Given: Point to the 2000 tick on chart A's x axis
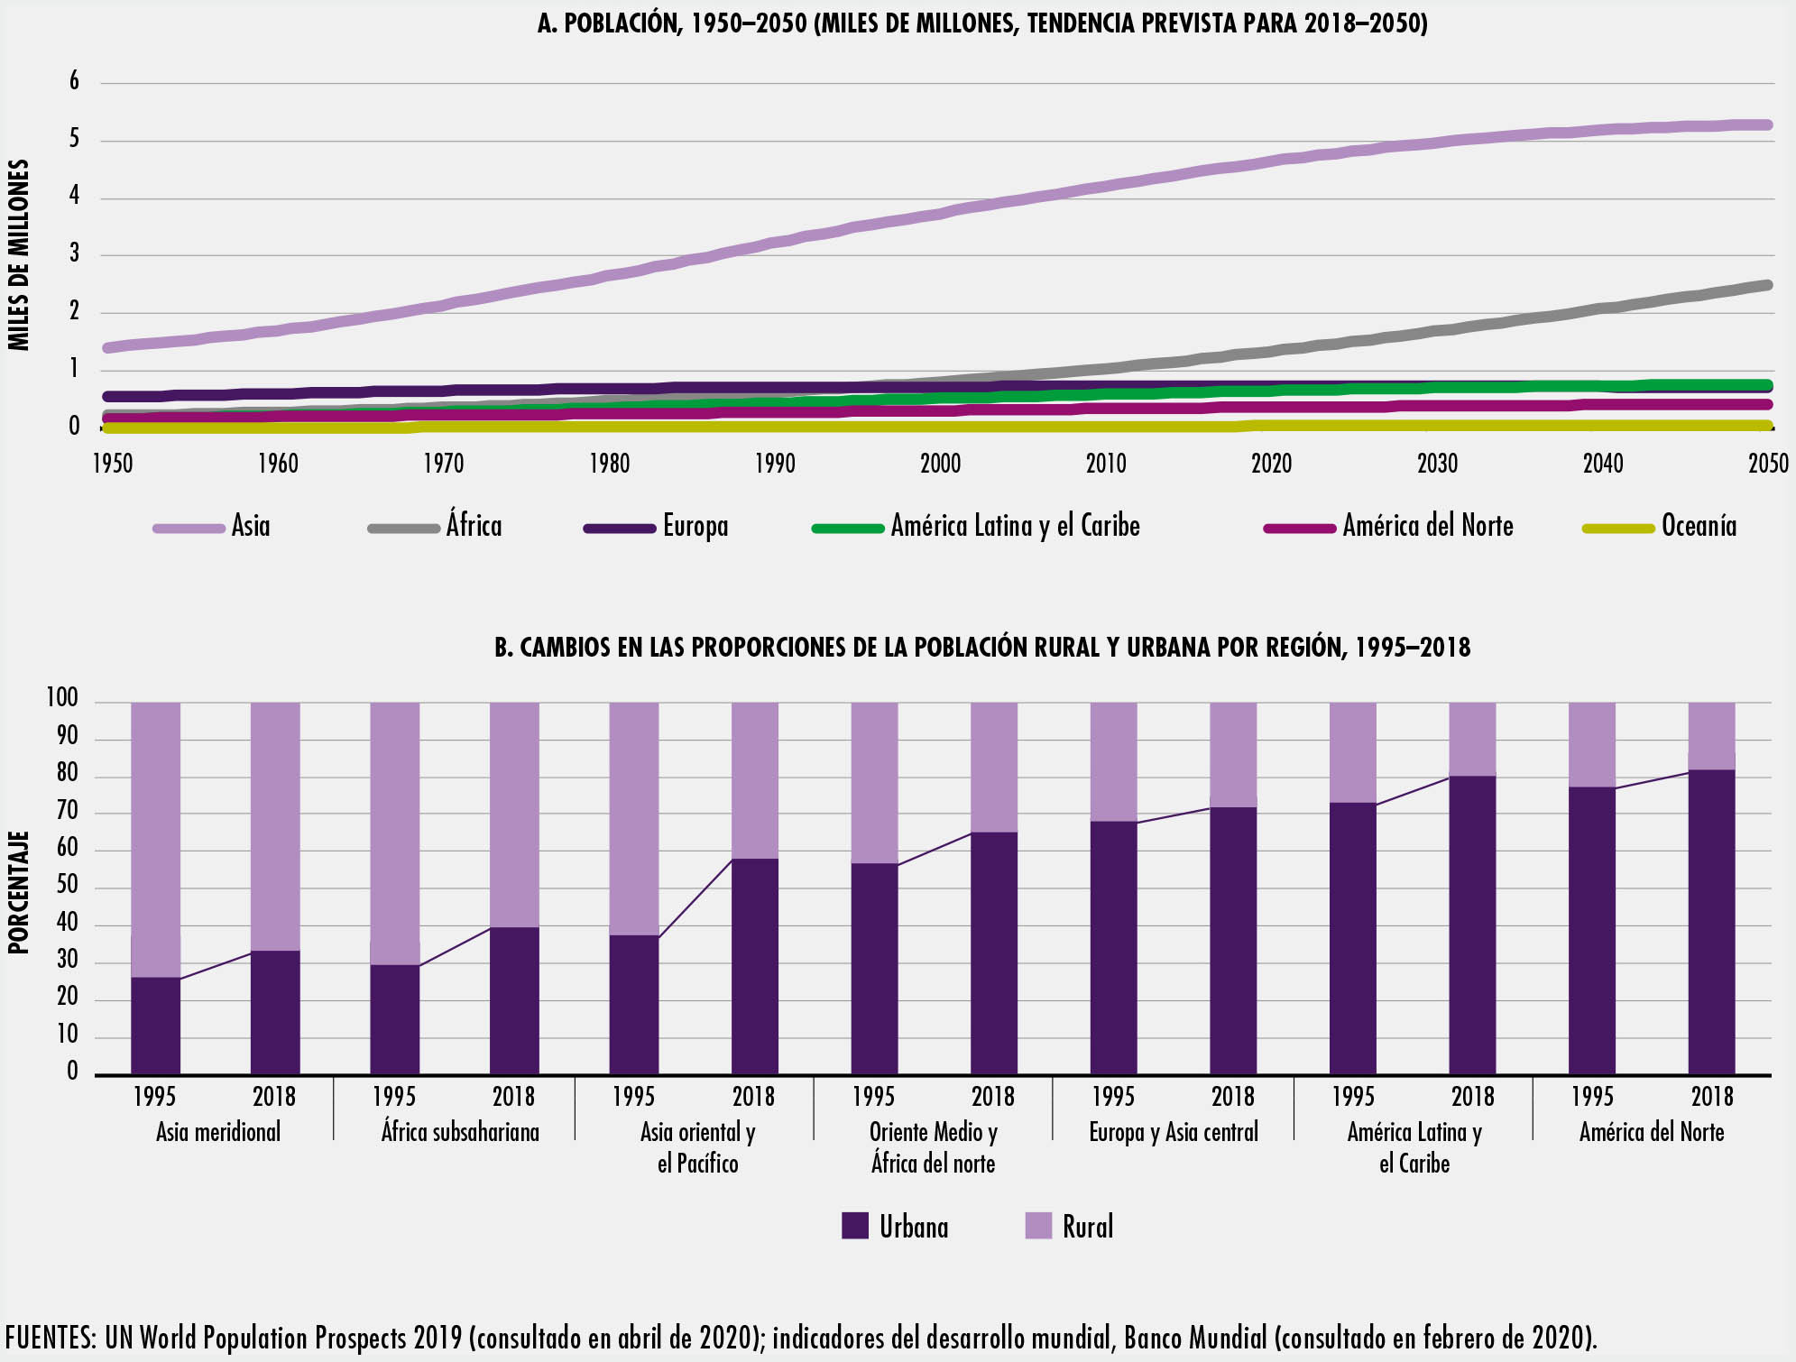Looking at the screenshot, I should pyautogui.click(x=940, y=464).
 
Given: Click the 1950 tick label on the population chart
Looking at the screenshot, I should pyautogui.click(x=113, y=464).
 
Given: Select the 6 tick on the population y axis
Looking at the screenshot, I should pyautogui.click(x=74, y=82).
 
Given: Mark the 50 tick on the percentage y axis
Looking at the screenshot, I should pyautogui.click(x=68, y=888).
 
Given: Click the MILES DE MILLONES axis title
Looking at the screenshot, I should pyautogui.click(x=20, y=255).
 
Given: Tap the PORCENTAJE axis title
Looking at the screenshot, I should pyautogui.click(x=20, y=892).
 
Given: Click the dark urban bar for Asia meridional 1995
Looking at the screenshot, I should pyautogui.click(x=155, y=1026).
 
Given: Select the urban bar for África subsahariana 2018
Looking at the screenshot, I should pyautogui.click(x=514, y=1001).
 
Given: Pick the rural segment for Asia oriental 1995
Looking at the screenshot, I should pyautogui.click(x=634, y=819).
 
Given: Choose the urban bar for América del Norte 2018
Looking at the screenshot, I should pyautogui.click(x=1711, y=922).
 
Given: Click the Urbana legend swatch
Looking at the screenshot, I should pyautogui.click(x=854, y=1226).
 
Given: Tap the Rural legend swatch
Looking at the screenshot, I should pyautogui.click(x=1038, y=1226).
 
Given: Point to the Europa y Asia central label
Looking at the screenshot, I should pyautogui.click(x=1173, y=1133).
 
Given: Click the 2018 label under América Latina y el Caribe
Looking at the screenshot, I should pyautogui.click(x=1472, y=1097).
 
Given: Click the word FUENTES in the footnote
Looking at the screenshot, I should pyautogui.click(x=50, y=1337).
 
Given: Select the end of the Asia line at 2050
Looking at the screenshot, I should pyautogui.click(x=1766, y=125).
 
